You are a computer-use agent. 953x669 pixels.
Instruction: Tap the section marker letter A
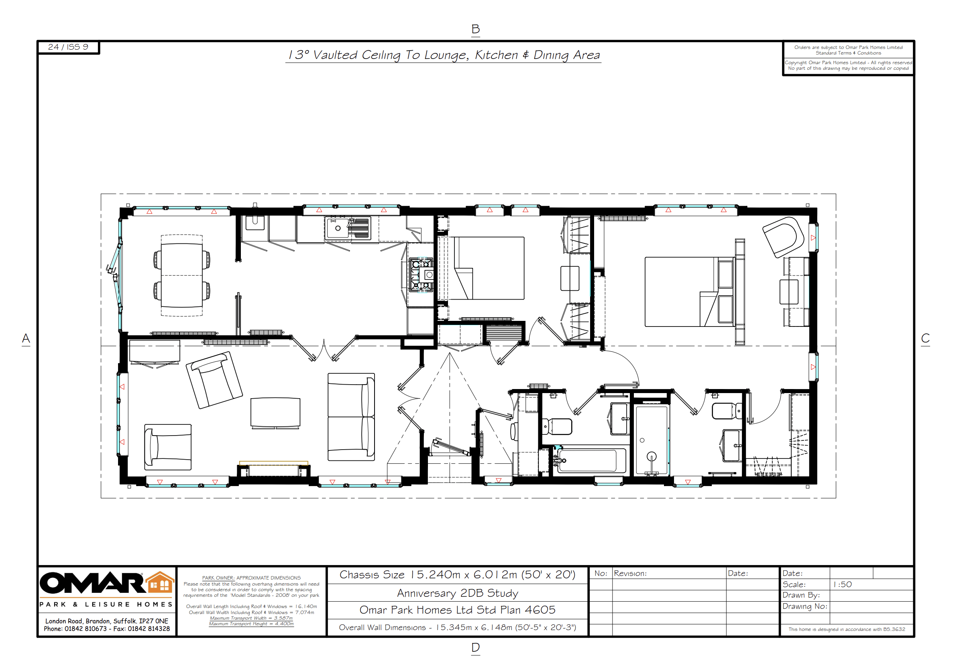[26, 339]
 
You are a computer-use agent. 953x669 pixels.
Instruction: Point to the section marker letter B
[476, 29]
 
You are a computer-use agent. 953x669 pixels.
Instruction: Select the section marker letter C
[925, 338]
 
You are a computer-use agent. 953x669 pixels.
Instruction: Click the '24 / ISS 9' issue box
[69, 47]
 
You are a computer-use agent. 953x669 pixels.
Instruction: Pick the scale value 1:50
[842, 584]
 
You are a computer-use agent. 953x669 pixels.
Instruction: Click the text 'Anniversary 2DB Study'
[457, 593]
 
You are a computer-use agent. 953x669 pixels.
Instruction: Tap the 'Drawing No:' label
[805, 606]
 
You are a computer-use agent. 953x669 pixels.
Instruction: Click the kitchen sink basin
[338, 228]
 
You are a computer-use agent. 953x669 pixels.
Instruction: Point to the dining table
[182, 276]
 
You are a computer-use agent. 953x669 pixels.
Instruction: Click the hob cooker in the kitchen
[421, 275]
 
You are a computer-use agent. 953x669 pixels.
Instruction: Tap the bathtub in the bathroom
[589, 460]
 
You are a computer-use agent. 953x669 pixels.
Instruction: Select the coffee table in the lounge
[275, 412]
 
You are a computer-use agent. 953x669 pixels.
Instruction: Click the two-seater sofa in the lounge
[351, 417]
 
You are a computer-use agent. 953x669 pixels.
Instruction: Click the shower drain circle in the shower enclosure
[642, 440]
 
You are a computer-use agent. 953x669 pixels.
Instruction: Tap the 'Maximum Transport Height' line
[251, 624]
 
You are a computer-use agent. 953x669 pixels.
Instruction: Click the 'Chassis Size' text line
[457, 575]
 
